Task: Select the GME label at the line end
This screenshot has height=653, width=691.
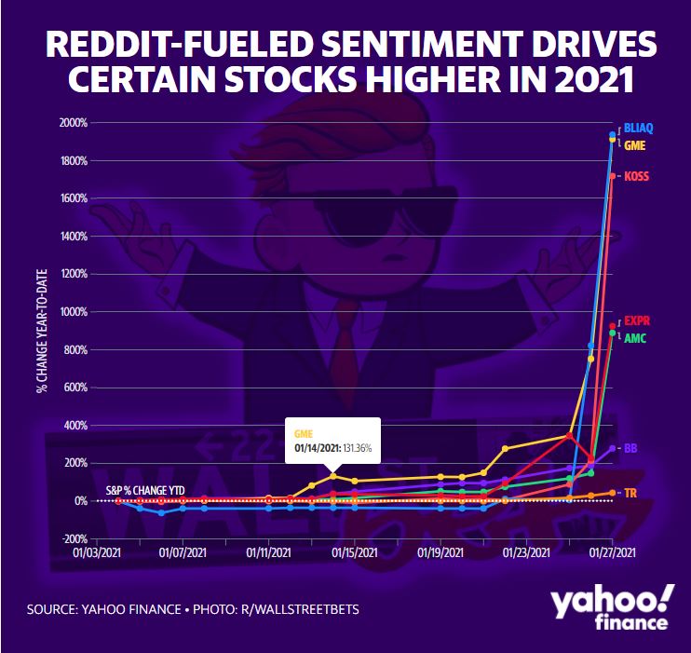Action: pyautogui.click(x=636, y=145)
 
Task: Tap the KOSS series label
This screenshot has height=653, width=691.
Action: pyautogui.click(x=637, y=176)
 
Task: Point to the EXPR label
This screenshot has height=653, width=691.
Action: pyautogui.click(x=637, y=321)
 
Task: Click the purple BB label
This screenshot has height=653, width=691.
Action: pyautogui.click(x=630, y=448)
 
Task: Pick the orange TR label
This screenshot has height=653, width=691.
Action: pyautogui.click(x=630, y=492)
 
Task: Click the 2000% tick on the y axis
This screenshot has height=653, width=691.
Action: pyautogui.click(x=75, y=123)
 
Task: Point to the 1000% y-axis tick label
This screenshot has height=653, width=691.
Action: pyautogui.click(x=75, y=312)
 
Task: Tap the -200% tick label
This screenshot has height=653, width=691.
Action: pyautogui.click(x=75, y=539)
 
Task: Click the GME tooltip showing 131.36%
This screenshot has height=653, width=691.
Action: pyautogui.click(x=333, y=441)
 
